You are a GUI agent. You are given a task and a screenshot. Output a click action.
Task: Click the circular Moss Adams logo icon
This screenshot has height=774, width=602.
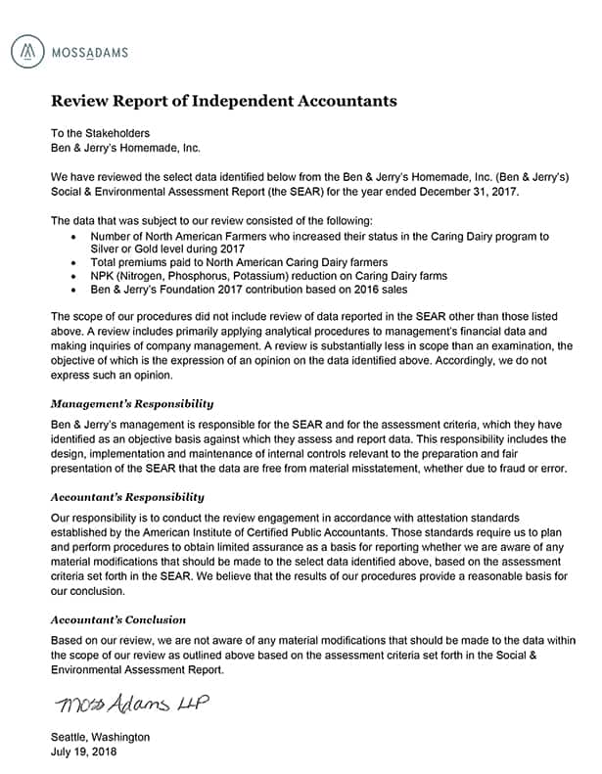tap(31, 50)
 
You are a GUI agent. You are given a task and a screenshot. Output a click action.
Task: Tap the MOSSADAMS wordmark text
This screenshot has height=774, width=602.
tap(88, 51)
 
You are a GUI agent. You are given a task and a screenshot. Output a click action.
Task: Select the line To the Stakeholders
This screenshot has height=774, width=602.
tap(101, 132)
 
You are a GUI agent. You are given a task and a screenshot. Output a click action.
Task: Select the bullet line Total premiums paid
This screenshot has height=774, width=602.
tap(239, 263)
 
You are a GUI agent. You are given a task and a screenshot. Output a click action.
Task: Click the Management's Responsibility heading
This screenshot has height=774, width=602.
tap(132, 403)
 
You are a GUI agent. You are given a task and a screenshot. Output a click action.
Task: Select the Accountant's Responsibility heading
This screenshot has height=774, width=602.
tap(127, 497)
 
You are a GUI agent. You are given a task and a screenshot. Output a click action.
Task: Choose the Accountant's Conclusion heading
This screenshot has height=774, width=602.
tap(118, 619)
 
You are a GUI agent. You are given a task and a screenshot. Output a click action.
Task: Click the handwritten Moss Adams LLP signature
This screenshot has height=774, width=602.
tap(131, 705)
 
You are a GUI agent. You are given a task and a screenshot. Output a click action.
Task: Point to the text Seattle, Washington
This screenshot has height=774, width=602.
tap(100, 737)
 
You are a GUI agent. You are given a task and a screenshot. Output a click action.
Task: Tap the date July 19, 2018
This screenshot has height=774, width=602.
tap(84, 752)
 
